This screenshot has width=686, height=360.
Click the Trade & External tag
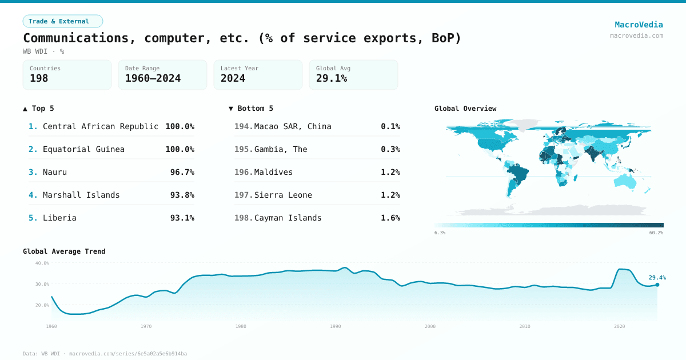point(62,21)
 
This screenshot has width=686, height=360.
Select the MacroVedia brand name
point(639,25)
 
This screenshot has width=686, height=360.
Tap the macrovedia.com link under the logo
point(636,35)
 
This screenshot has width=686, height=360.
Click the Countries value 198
point(39,79)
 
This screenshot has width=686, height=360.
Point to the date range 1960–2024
point(153,79)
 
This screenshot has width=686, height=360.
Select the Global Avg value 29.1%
point(332,79)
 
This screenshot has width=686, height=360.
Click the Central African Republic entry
point(101,126)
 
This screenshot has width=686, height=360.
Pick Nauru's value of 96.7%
point(182,172)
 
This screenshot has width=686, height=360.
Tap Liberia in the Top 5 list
point(59,218)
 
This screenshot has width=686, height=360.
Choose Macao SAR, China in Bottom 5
point(293,126)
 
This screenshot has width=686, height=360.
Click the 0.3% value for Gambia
point(390,149)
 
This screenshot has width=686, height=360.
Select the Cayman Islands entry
point(288,218)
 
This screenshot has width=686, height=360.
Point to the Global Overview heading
point(465,109)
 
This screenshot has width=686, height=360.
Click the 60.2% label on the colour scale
point(656,233)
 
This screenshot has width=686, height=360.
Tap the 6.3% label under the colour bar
point(440,233)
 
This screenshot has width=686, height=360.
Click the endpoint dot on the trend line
point(657,285)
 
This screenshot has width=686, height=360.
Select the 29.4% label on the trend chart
point(657,278)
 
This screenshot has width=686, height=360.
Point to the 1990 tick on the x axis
point(336,326)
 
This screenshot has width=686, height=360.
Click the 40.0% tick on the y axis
point(42,263)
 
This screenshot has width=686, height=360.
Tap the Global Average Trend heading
point(64,251)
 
